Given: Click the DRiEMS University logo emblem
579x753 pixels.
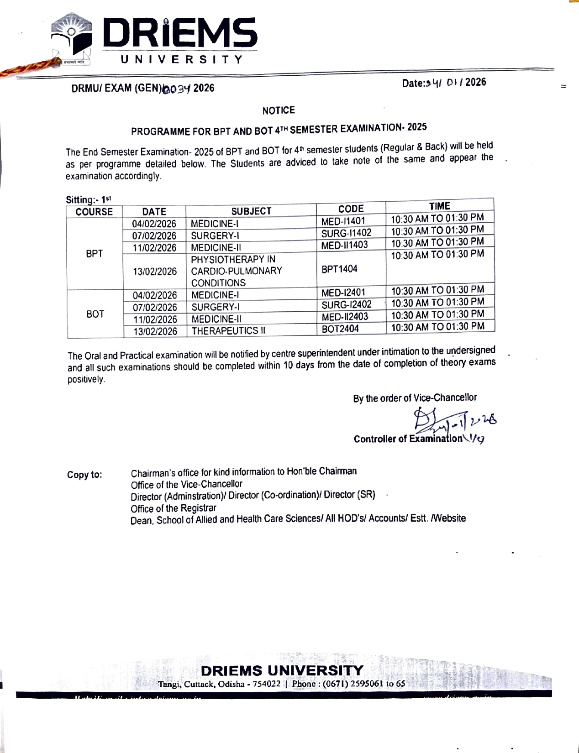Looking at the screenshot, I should click(x=72, y=38).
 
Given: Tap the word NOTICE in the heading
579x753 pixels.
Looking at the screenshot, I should click(x=279, y=110).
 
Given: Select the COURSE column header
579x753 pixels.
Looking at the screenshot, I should click(x=94, y=212).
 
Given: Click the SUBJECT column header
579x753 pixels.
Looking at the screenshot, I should click(x=251, y=211).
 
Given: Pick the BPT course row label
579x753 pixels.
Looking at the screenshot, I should click(x=95, y=254).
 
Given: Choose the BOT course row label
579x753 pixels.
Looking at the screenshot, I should click(x=95, y=314).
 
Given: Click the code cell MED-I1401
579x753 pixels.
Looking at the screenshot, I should click(x=343, y=221).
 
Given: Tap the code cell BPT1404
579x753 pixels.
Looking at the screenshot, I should click(x=339, y=269).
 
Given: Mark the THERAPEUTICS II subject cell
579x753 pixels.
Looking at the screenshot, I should click(x=228, y=331).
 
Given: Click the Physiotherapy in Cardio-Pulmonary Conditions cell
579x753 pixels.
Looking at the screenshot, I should click(x=236, y=271).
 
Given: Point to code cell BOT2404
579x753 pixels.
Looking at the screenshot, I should click(x=340, y=329).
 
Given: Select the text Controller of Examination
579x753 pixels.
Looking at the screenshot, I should click(x=407, y=439).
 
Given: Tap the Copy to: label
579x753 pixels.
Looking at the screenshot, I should click(x=84, y=475).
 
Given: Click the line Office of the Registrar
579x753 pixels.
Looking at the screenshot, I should click(x=173, y=508).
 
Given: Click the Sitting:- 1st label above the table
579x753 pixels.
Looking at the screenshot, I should click(x=88, y=199).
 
